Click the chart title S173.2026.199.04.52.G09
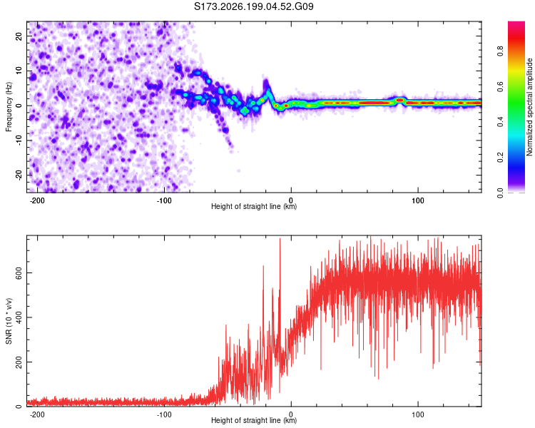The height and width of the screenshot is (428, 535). tap(253, 6)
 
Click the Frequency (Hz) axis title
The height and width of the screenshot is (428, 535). tap(9, 107)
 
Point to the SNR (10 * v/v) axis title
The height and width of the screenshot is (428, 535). tap(9, 321)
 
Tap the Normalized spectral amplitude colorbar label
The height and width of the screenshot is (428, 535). tap(529, 107)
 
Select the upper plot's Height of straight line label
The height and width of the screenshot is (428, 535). tap(254, 206)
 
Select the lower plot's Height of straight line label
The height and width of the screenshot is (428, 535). tap(254, 420)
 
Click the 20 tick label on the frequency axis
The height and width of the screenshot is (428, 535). tap(19, 36)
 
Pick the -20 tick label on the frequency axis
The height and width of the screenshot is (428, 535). tap(19, 175)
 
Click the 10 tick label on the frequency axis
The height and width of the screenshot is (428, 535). tap(19, 71)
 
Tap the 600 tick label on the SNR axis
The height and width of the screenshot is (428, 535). tap(19, 273)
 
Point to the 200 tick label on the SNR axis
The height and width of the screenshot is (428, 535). tap(19, 362)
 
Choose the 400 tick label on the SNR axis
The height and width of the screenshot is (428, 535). tap(19, 317)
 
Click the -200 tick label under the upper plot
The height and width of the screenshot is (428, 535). tap(37, 200)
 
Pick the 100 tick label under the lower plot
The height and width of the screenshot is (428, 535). tap(417, 414)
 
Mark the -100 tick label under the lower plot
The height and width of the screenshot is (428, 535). tap(164, 414)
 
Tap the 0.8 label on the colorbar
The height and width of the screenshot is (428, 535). tap(501, 51)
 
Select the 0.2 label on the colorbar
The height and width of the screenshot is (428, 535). tap(501, 158)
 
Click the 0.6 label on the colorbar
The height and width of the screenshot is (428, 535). tap(501, 87)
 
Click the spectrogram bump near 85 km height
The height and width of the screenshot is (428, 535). tap(400, 100)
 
